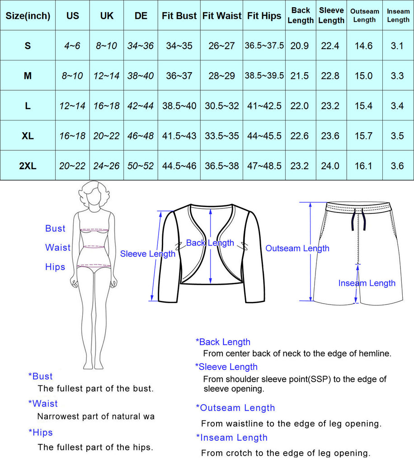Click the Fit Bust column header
(179, 16)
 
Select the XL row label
(28, 136)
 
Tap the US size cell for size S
(72, 46)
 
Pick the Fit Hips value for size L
(264, 106)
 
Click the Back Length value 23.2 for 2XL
(300, 166)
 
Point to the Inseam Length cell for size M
(397, 76)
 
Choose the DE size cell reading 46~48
(141, 136)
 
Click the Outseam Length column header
(365, 16)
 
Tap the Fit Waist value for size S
(221, 46)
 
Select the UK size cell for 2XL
(106, 166)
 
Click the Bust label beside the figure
(55, 228)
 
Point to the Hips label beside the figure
(55, 267)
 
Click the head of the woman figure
(94, 194)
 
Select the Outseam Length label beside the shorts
(297, 248)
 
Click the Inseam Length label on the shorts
(367, 283)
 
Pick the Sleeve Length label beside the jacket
(147, 254)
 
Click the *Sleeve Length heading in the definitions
(226, 367)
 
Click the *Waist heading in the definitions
(43, 403)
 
